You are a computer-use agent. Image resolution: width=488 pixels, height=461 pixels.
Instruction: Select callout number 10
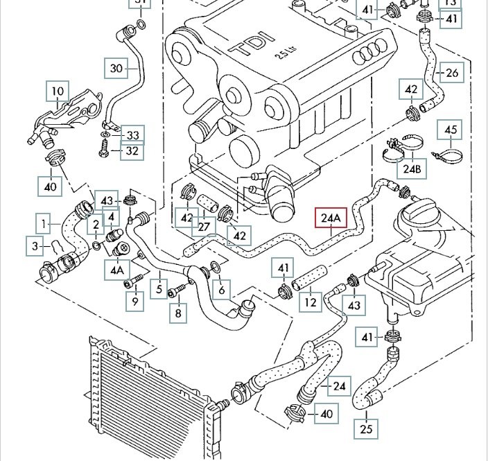click(58, 91)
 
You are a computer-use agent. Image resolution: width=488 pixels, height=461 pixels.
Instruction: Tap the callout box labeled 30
click(116, 67)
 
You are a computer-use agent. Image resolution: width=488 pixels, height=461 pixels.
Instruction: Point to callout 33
click(132, 134)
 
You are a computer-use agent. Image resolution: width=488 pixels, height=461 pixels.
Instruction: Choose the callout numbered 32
click(132, 150)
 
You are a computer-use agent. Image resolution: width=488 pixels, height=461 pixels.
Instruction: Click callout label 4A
click(117, 269)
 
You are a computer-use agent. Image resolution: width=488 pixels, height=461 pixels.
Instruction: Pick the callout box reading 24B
click(412, 168)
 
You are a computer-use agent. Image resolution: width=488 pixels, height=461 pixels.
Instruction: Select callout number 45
click(451, 130)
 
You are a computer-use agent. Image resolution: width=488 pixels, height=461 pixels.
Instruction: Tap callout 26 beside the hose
click(452, 72)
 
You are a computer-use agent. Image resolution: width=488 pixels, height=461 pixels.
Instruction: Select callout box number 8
click(178, 313)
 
